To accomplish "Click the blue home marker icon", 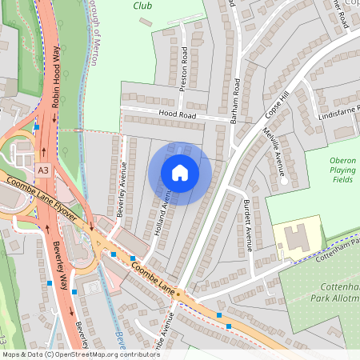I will (x=180, y=173).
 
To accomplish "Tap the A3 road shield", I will (x=42, y=170).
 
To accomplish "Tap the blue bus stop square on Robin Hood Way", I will (x=37, y=126).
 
